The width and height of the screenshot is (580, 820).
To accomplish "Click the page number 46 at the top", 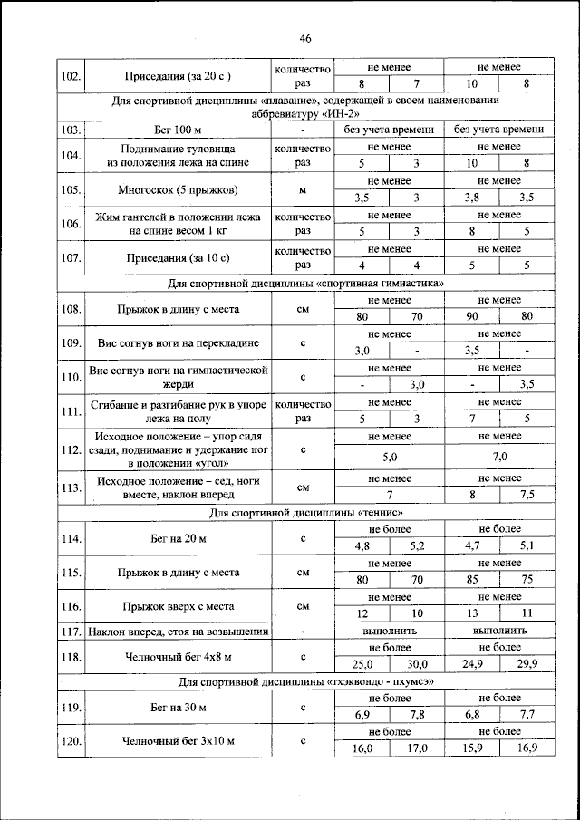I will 304,38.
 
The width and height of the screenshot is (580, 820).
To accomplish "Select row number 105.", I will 71,190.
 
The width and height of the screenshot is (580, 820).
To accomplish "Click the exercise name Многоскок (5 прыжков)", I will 178,190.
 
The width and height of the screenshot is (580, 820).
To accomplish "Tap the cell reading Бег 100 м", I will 178,130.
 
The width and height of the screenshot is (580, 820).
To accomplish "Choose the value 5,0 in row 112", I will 390,457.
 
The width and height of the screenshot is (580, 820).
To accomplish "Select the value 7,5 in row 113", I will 527,496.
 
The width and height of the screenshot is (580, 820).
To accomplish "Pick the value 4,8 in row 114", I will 362,546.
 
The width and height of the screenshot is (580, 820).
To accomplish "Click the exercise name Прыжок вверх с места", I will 178,605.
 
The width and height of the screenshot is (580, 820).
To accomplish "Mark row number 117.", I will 71,631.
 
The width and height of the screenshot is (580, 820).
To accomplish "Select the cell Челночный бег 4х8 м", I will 178,656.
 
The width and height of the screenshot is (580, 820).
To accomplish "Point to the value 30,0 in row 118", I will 417,664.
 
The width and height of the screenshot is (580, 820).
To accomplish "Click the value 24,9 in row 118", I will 471,664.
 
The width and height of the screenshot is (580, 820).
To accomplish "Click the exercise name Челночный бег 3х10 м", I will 178,741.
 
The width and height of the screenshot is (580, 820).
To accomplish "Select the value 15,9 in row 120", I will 471,748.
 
